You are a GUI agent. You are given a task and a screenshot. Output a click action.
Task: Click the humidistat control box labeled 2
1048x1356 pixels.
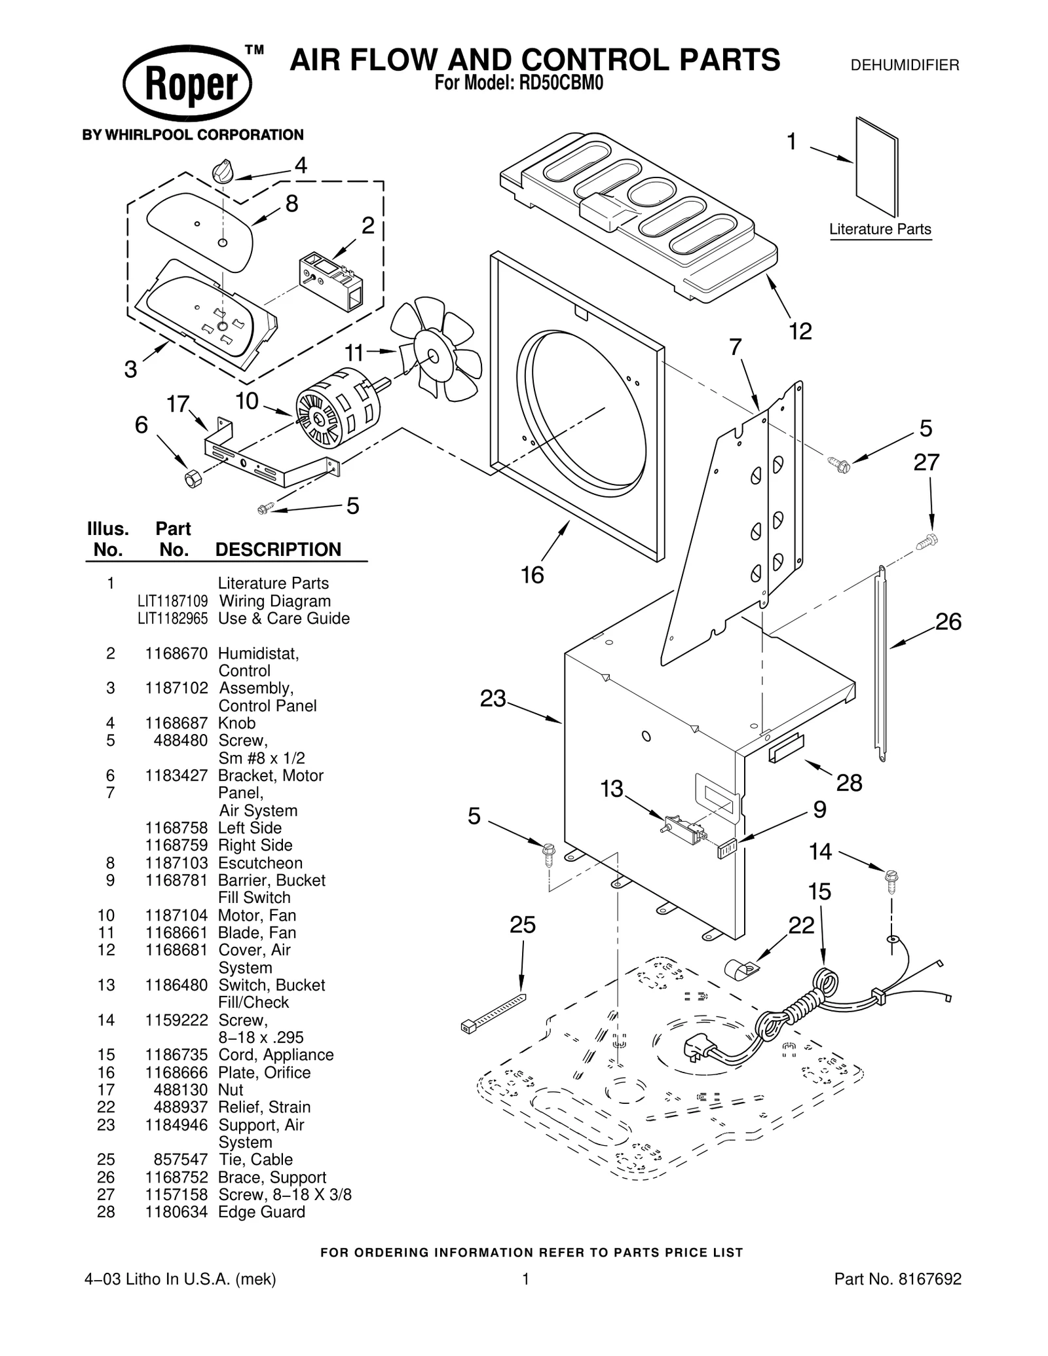[331, 281]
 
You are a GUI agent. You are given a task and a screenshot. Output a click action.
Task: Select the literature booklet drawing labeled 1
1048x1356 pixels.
[876, 166]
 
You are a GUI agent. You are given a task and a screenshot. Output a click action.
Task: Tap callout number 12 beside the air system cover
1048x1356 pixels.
[800, 331]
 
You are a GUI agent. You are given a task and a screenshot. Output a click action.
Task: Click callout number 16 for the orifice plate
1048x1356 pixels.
[532, 575]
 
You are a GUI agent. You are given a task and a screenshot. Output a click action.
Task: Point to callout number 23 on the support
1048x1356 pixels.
[493, 699]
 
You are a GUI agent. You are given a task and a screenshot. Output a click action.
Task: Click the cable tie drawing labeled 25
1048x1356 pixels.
[495, 1012]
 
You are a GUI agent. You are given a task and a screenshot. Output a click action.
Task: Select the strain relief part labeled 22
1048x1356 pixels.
[740, 968]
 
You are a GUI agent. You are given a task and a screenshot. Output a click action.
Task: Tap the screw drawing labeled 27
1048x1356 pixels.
[929, 541]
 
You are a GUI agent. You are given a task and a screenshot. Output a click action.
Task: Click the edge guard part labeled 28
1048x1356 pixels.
[787, 747]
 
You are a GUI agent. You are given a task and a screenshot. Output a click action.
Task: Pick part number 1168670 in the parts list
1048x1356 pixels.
[176, 653]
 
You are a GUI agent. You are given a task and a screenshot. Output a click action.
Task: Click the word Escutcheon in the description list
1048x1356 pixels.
[260, 863]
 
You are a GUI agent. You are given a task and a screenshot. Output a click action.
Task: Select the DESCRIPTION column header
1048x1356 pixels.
[278, 549]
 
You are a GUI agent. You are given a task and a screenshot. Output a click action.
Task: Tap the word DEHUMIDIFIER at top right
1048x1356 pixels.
[904, 65]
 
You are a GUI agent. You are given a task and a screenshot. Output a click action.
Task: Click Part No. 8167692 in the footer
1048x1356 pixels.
[897, 1279]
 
